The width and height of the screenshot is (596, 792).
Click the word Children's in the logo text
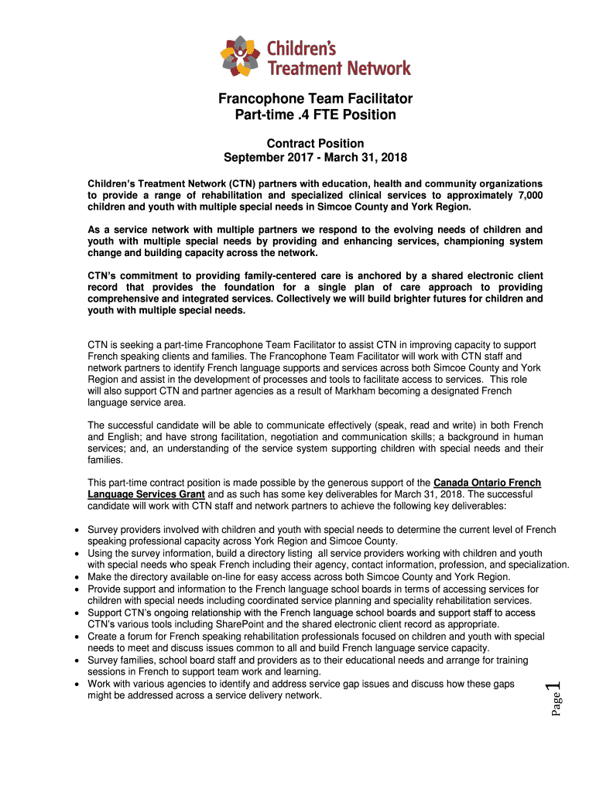point(302,49)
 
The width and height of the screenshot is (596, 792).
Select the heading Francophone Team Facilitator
point(315,99)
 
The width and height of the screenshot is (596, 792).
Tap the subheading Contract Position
point(315,143)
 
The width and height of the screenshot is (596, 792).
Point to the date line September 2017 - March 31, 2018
point(315,158)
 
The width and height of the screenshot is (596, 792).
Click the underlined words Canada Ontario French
point(488,483)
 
